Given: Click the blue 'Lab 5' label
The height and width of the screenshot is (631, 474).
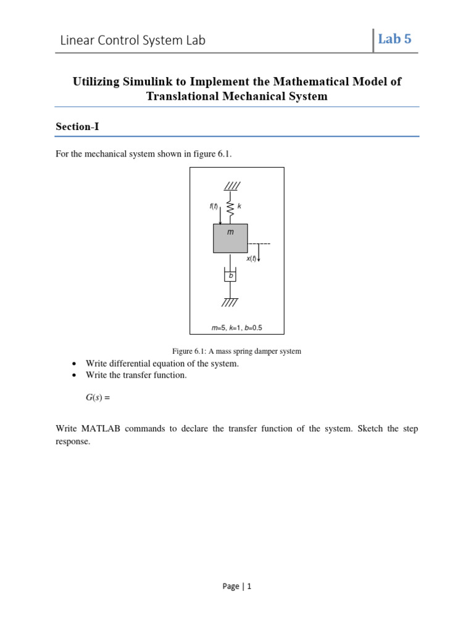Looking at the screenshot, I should tap(394, 39).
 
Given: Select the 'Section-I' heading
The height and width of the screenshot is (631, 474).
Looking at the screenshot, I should tap(77, 126).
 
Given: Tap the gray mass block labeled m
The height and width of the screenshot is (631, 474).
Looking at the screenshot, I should tap(230, 238).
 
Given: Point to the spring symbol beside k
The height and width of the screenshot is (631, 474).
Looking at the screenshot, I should tap(230, 208).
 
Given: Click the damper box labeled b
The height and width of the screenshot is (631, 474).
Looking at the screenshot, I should tap(230, 276).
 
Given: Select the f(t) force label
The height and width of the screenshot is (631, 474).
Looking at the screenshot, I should tap(214, 206).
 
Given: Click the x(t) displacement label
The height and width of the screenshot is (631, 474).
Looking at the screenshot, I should tap(251, 259).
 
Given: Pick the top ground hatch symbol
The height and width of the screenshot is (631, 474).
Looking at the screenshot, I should tap(231, 185).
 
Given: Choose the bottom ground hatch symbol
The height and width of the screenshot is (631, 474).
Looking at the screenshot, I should tap(230, 302).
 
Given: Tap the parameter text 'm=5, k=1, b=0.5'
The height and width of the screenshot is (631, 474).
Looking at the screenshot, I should tap(237, 327).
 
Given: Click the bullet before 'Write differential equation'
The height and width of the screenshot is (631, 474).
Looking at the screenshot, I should tap(74, 364).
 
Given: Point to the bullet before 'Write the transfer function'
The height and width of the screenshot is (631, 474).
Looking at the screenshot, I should tap(74, 375).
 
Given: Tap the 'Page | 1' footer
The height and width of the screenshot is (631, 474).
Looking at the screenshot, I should tap(237, 587).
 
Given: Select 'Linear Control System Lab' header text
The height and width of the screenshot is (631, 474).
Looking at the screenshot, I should tap(133, 41).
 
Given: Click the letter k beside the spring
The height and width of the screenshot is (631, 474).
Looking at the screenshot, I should tap(239, 206).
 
